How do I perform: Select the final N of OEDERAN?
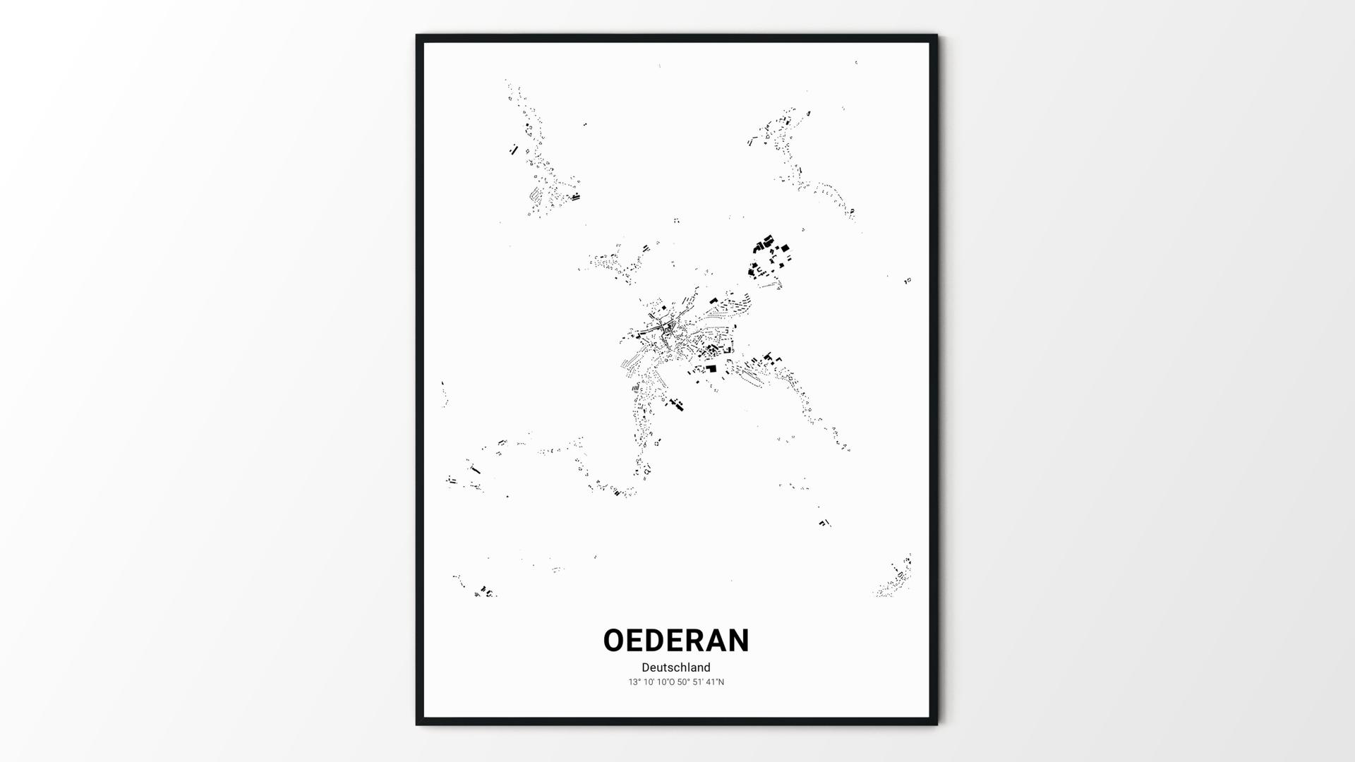coord(738,641)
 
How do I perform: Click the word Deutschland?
coord(676,667)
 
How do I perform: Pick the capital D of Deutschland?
coord(646,667)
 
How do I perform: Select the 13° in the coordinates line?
coord(634,682)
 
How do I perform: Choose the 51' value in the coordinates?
coord(699,682)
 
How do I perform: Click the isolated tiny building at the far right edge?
coord(908,281)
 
